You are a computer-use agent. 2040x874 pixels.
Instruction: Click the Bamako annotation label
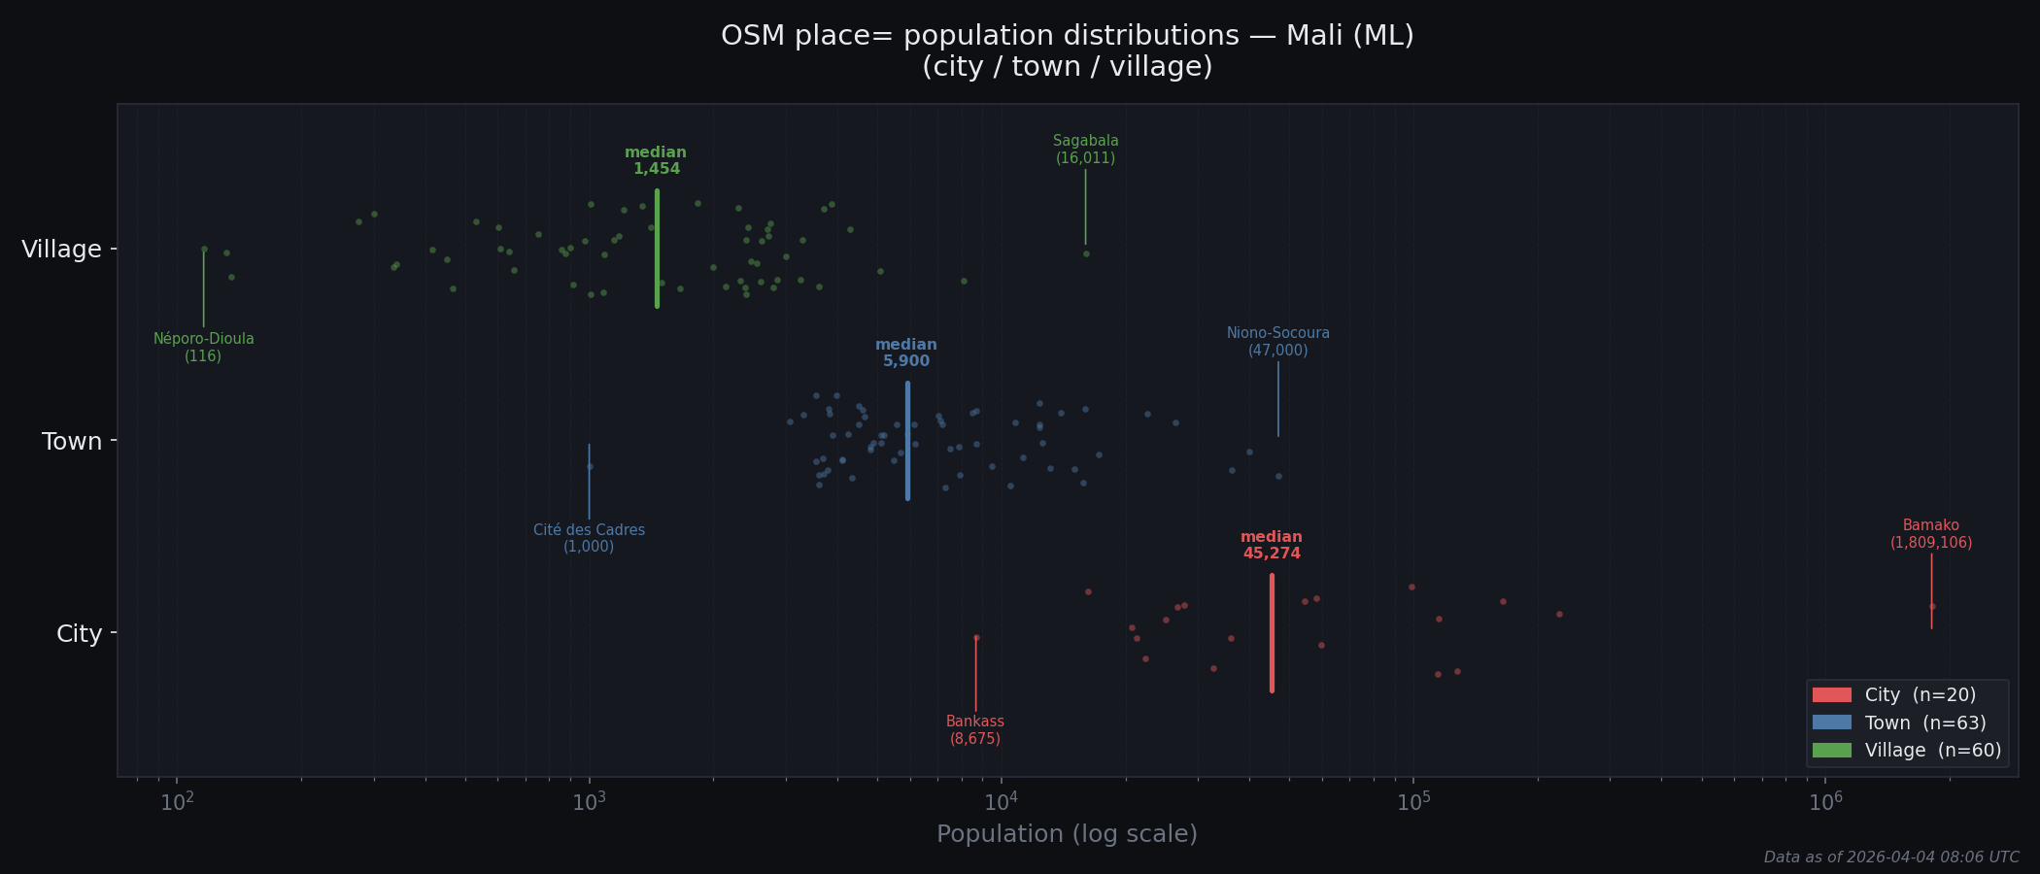coord(1930,534)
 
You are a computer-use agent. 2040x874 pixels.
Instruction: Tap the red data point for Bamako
coord(1932,606)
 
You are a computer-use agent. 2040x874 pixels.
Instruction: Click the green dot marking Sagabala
coord(1086,254)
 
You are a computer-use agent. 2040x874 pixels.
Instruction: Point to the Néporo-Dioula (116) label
coord(204,348)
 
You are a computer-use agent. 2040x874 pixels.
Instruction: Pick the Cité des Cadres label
coord(589,538)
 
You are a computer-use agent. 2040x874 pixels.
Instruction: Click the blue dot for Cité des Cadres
coord(590,467)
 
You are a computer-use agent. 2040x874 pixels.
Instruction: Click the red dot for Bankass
coord(976,638)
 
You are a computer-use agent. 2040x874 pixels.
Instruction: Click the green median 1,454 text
coord(656,161)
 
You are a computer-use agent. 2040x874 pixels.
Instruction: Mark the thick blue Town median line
coord(907,442)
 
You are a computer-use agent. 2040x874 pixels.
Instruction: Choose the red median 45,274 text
coord(1271,546)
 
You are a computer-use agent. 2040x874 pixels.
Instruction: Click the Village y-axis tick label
coord(61,250)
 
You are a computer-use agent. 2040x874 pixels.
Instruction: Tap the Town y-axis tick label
coord(72,442)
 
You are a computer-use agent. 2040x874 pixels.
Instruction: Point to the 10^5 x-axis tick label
coord(1412,802)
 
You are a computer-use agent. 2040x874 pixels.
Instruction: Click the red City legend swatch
coord(1831,695)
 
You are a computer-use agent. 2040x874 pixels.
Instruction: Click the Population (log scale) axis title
coord(1067,834)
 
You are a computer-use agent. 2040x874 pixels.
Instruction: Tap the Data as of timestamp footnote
coord(1890,857)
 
